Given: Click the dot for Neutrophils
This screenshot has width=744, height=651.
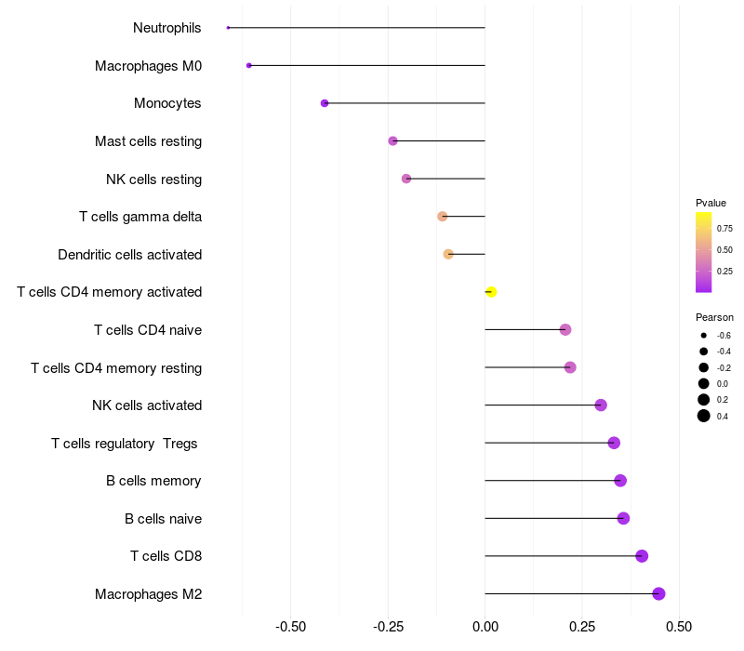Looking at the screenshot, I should pyautogui.click(x=228, y=28).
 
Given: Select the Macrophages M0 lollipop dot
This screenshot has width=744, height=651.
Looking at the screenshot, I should pyautogui.click(x=249, y=65).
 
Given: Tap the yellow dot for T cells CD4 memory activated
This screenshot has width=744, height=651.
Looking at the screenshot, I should pyautogui.click(x=491, y=292).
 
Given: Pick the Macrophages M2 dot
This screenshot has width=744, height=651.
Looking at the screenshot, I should pyautogui.click(x=658, y=593).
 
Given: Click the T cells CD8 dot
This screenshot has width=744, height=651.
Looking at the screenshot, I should pyautogui.click(x=642, y=556).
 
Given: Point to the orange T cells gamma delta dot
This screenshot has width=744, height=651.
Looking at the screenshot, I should pyautogui.click(x=443, y=217).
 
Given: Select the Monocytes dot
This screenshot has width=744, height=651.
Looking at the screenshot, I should pyautogui.click(x=325, y=103).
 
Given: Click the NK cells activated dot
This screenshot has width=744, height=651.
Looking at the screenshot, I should pyautogui.click(x=601, y=405).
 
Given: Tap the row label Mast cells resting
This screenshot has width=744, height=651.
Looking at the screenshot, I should pyautogui.click(x=148, y=141).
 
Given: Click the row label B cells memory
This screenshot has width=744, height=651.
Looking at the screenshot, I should pyautogui.click(x=153, y=481).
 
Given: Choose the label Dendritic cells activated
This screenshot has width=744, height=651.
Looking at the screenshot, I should pyautogui.click(x=129, y=255).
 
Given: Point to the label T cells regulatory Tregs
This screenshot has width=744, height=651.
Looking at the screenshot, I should pyautogui.click(x=125, y=444).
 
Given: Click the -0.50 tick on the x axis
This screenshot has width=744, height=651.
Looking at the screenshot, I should pyautogui.click(x=291, y=628).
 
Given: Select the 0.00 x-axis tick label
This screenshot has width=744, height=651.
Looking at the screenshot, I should pyautogui.click(x=485, y=628).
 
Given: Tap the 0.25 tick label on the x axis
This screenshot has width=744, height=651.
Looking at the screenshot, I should pyautogui.click(x=582, y=628).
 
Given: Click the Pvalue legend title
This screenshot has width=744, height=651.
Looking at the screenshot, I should pyautogui.click(x=711, y=203).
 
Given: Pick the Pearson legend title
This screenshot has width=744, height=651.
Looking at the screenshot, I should pyautogui.click(x=714, y=317).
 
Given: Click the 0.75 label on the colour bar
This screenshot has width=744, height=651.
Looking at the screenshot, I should pyautogui.click(x=724, y=228).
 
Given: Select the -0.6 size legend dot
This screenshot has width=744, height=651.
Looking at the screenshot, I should pyautogui.click(x=704, y=335).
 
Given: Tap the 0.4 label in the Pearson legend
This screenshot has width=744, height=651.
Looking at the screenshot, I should pyautogui.click(x=723, y=416).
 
